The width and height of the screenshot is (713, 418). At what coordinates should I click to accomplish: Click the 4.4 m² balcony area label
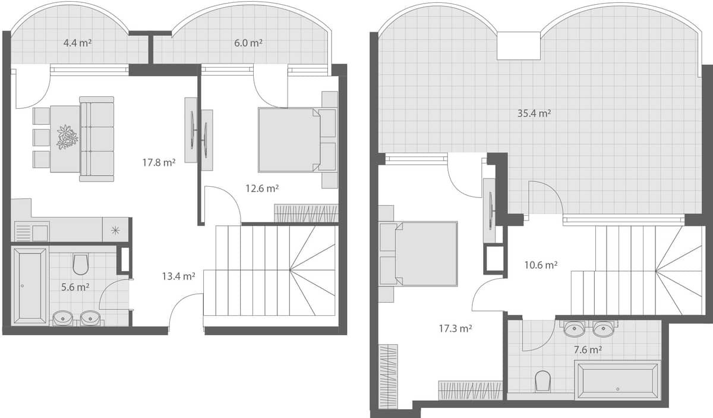point(77,43)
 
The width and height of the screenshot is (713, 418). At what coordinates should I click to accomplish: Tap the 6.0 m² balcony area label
point(248,43)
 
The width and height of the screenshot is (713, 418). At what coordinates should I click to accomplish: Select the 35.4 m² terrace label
point(534,114)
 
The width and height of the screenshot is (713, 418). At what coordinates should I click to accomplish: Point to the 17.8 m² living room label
point(159,162)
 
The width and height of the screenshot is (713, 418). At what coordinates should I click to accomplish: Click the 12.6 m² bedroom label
point(262,188)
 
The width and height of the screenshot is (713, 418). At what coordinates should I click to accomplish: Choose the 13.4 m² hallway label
point(179,276)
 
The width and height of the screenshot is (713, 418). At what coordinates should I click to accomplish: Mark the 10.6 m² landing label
point(540,265)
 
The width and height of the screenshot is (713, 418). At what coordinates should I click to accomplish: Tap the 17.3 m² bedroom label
point(456,328)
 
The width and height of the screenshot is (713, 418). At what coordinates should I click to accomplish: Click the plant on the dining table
point(67,137)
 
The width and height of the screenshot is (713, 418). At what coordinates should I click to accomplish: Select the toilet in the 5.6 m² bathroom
point(81,263)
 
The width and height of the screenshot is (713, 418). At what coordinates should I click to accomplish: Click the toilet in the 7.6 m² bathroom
point(542,381)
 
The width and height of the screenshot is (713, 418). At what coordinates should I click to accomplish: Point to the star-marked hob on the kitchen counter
point(115,230)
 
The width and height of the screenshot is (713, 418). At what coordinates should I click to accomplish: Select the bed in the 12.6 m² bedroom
point(291,140)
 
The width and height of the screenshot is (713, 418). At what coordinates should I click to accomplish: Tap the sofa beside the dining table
point(97,139)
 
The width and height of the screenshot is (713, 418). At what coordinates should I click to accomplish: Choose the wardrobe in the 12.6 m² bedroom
point(305,213)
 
